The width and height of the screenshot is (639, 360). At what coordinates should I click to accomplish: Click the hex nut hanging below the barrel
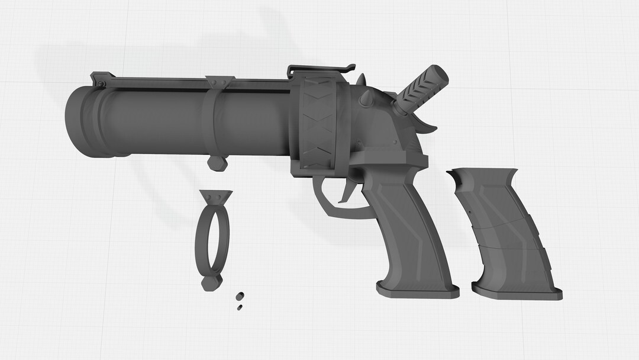(x=217, y=163)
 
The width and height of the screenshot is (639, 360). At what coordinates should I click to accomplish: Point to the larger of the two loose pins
(x=240, y=296)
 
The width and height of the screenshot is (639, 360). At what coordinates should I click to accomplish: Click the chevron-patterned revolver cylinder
(x=319, y=124)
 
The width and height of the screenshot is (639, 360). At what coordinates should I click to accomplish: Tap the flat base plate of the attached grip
(x=418, y=290)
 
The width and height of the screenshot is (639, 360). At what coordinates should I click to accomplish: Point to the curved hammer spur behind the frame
(x=428, y=123)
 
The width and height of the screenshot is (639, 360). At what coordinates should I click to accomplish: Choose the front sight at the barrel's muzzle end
(x=102, y=79)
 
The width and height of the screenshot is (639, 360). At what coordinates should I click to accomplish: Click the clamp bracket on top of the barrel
(x=220, y=82)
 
